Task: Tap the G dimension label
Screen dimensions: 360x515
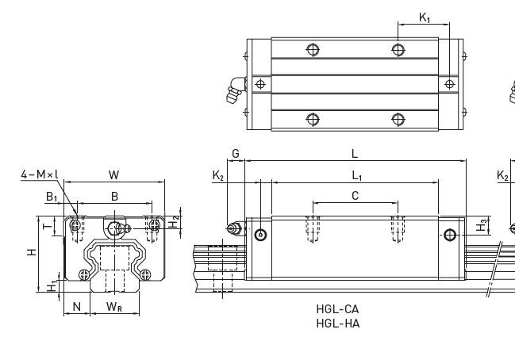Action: point(235,153)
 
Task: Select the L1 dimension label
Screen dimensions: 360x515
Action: point(356,175)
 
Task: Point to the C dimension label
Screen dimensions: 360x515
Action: point(355,195)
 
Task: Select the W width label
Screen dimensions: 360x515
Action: point(114,174)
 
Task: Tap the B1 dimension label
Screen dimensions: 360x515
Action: point(51,195)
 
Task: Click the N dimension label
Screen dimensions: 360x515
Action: point(77,306)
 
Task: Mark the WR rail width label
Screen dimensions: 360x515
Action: point(114,306)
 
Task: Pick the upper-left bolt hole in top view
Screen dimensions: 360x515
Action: point(314,49)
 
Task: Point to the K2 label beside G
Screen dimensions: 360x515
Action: point(217,175)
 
